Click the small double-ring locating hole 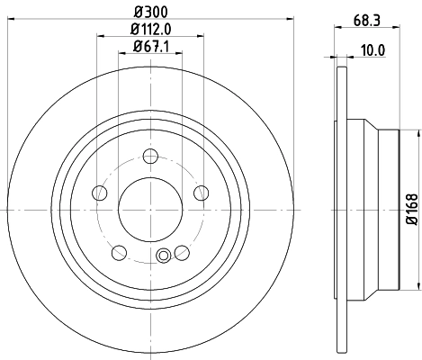pos(163,256)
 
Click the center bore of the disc pos(151,208)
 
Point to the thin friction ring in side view pos(341,209)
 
